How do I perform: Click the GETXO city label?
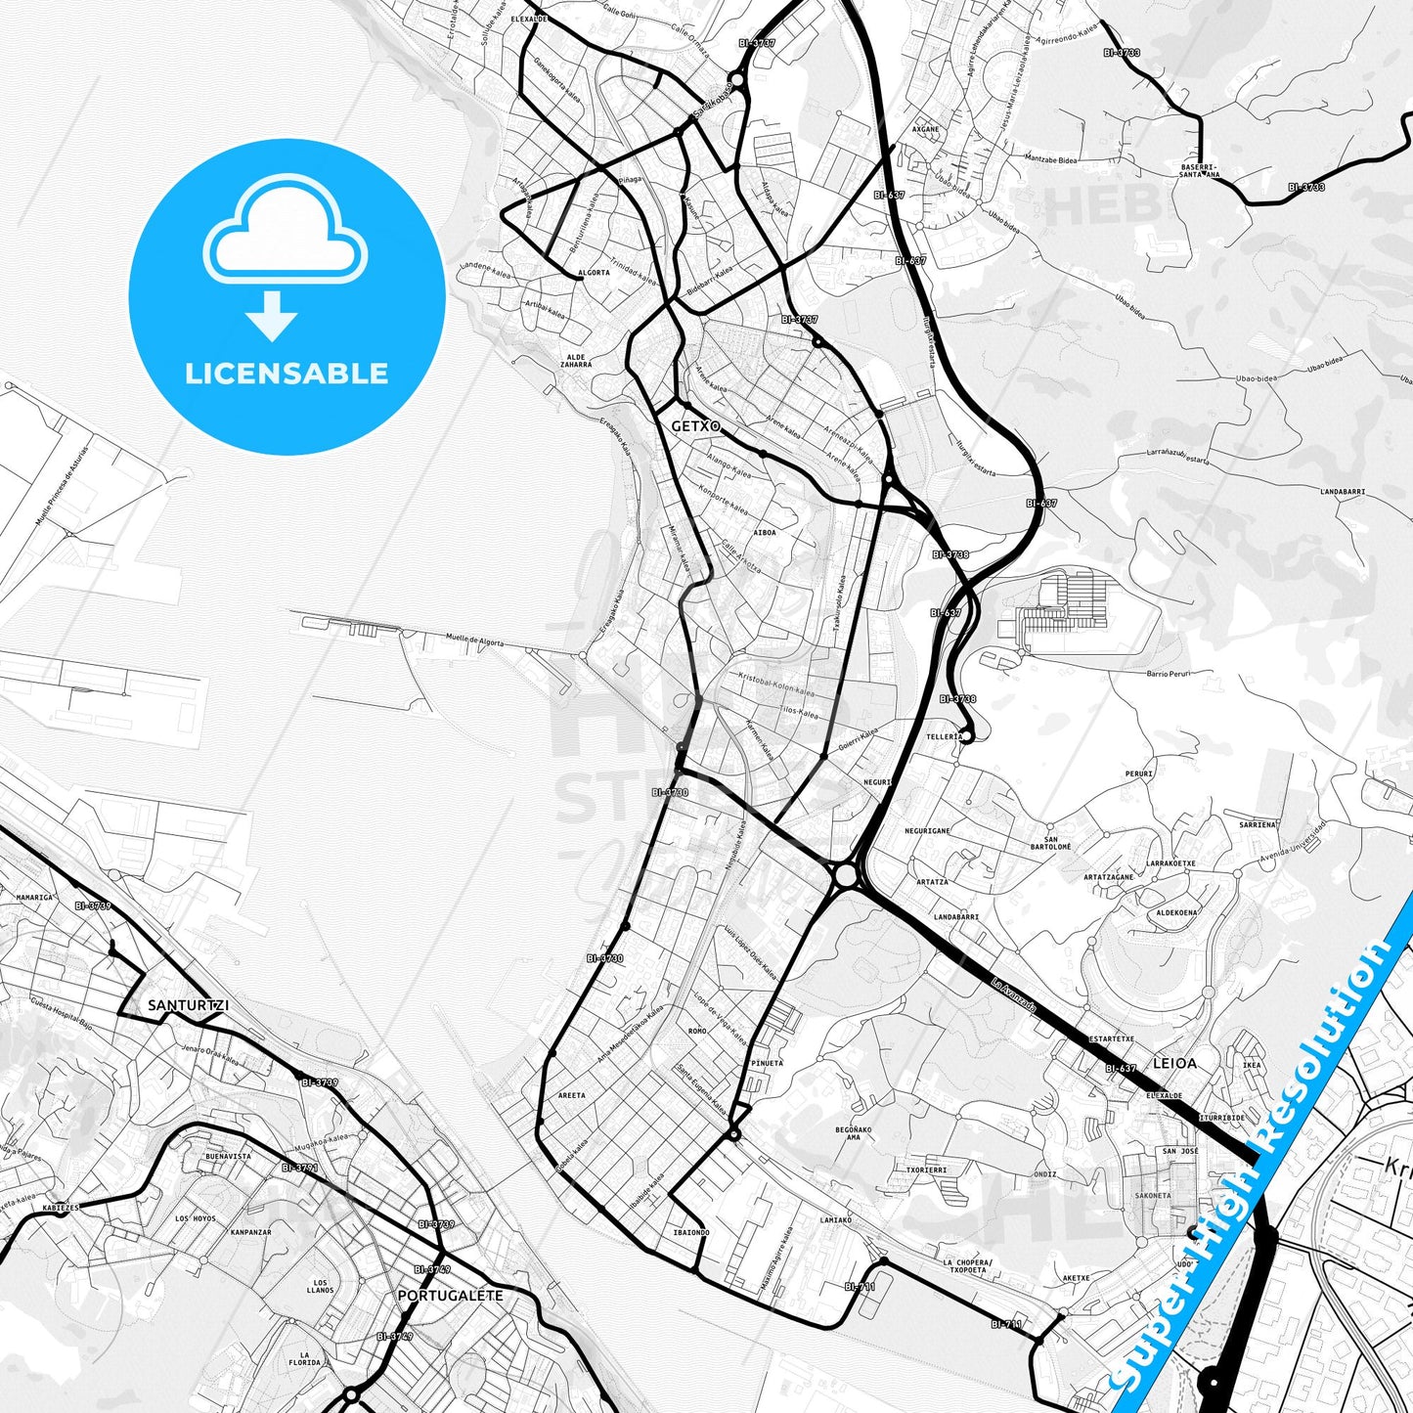tap(695, 426)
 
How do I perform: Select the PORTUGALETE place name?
tap(450, 1295)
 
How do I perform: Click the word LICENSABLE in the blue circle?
tap(287, 373)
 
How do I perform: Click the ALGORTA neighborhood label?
tap(594, 273)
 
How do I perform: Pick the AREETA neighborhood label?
tap(571, 1095)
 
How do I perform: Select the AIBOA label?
tap(765, 533)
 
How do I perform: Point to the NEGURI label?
tap(877, 782)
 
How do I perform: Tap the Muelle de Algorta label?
tap(474, 640)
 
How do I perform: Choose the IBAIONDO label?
tap(691, 1232)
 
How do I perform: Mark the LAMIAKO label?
tap(835, 1219)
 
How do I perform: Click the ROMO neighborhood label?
tap(697, 1031)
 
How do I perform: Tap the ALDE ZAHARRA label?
tap(576, 361)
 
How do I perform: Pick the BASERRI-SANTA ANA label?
tap(1198, 171)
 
